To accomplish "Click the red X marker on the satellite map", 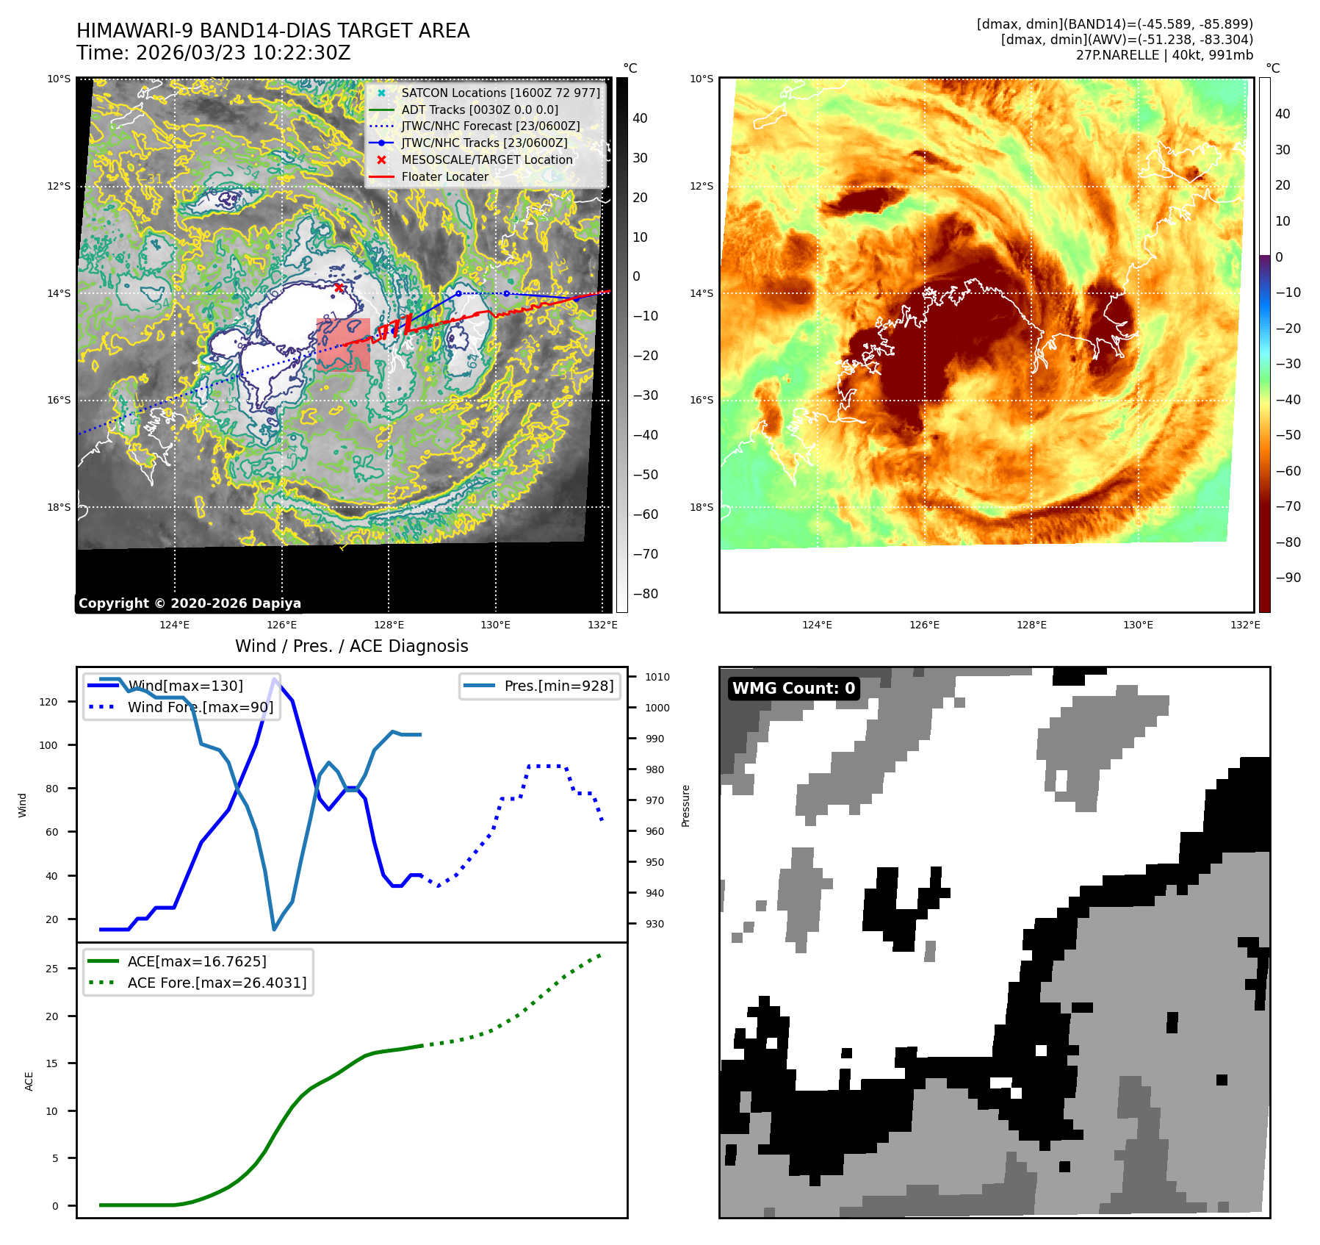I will tap(339, 287).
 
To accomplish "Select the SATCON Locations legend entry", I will tap(500, 93).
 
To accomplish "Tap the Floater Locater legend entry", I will tap(444, 176).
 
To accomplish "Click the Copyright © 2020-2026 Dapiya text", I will tap(190, 603).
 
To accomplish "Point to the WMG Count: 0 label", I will tap(793, 689).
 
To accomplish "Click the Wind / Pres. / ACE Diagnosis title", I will tap(351, 646).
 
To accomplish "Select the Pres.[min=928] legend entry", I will tap(558, 686).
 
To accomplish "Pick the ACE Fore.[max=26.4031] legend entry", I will tap(217, 983).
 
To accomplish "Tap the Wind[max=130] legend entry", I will tap(185, 686).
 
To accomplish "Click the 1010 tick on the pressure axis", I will tap(657, 677).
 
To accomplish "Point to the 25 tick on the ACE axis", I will tap(52, 969).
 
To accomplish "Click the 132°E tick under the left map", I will tap(602, 625).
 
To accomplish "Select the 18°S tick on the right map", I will tap(701, 507).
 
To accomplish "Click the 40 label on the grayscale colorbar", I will tap(640, 118).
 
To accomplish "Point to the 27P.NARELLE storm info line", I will tap(1164, 55).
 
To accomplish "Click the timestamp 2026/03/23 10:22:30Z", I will tap(243, 54).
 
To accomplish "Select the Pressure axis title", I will tap(685, 806).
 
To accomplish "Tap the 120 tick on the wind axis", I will tap(48, 702).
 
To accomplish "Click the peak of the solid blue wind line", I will tap(275, 679).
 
